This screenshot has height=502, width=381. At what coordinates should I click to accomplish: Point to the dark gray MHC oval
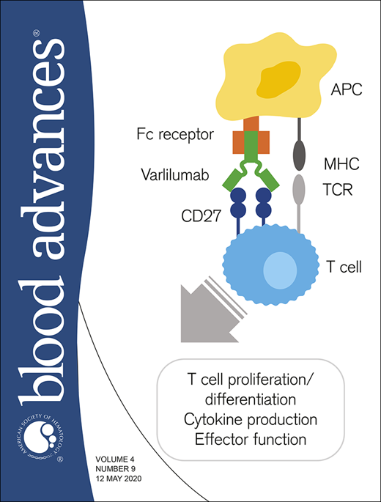[300, 155]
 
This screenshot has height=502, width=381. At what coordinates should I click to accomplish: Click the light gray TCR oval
[300, 188]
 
